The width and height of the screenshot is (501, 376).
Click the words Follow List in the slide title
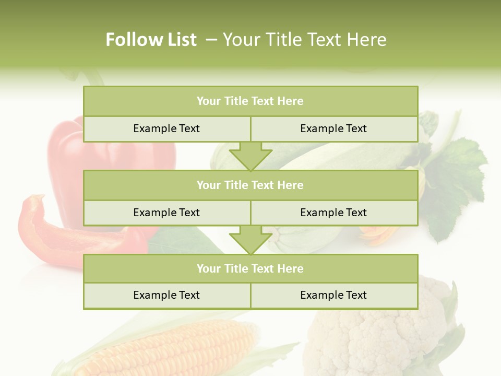pyautogui.click(x=151, y=40)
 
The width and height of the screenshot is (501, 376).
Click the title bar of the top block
pyautogui.click(x=250, y=101)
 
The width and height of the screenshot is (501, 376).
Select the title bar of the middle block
pyautogui.click(x=250, y=185)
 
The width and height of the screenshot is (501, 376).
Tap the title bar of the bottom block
pyautogui.click(x=250, y=268)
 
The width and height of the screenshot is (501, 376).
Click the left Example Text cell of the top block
pyautogui.click(x=166, y=128)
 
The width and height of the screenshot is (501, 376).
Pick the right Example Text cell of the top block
pyautogui.click(x=333, y=128)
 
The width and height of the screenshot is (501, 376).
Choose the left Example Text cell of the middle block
pyautogui.click(x=166, y=213)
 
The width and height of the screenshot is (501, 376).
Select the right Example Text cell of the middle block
pyautogui.click(x=333, y=213)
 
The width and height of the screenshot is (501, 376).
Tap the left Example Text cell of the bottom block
pyautogui.click(x=166, y=295)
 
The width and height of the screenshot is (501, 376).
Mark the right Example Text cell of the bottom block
pyautogui.click(x=333, y=295)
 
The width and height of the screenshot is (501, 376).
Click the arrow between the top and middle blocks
pyautogui.click(x=250, y=156)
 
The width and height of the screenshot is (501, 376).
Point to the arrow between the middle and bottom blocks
pyautogui.click(x=250, y=240)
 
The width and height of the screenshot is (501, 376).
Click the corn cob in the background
pyautogui.click(x=172, y=347)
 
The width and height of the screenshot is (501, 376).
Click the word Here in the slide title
pyautogui.click(x=367, y=40)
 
